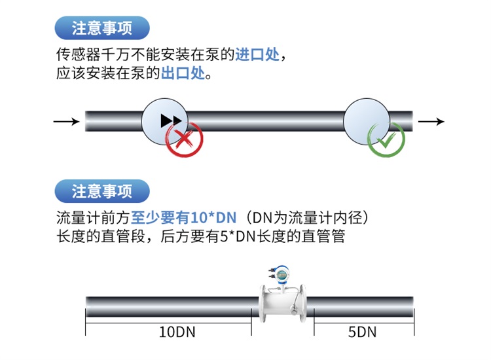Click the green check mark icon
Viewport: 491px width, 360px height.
[x=386, y=139]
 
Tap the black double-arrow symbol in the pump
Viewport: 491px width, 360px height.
[x=171, y=120]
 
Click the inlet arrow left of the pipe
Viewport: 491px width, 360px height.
[x=66, y=121]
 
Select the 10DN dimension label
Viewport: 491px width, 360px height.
[x=177, y=331]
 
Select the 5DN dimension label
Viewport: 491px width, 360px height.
[x=362, y=331]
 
